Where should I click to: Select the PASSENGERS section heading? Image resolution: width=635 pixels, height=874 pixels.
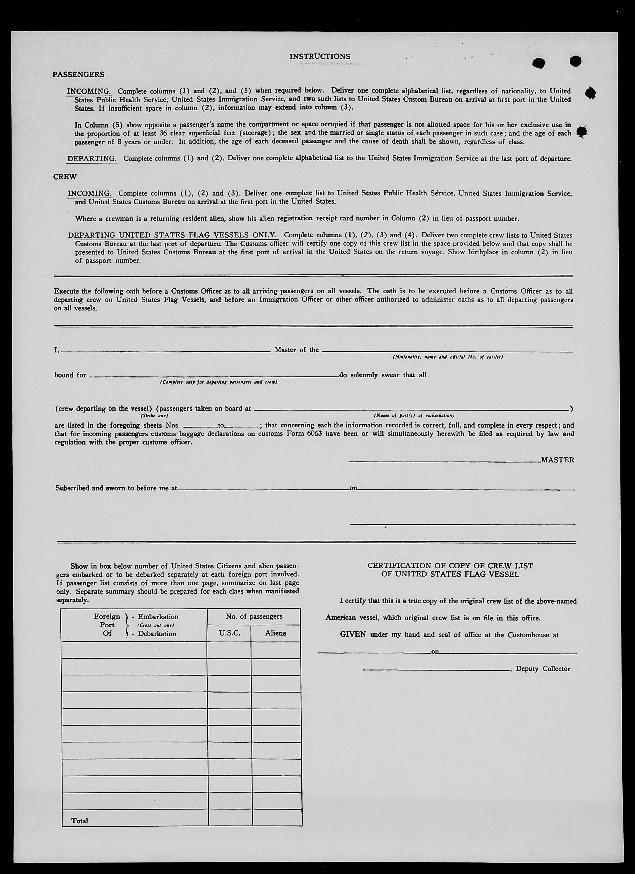[x=78, y=74]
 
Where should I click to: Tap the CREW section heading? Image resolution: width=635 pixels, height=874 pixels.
[x=65, y=177]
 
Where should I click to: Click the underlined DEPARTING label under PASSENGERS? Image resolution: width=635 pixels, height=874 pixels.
[x=92, y=158]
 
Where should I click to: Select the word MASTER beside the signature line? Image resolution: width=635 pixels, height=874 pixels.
[x=558, y=460]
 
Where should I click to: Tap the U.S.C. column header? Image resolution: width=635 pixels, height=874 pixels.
[x=229, y=633]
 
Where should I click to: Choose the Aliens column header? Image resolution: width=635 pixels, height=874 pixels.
[x=275, y=633]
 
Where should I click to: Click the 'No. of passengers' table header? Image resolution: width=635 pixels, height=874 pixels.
[x=254, y=616]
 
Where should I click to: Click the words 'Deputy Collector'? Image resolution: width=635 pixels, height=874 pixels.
[x=543, y=669]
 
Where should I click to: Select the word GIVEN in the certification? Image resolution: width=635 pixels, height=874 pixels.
[x=353, y=634]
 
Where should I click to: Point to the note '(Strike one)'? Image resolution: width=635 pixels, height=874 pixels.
[x=154, y=416]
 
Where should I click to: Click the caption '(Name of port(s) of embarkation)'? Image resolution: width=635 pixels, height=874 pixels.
[x=414, y=416]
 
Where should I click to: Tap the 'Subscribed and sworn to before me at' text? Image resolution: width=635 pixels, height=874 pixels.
[x=116, y=488]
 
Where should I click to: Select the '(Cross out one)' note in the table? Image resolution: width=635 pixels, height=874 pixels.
[x=156, y=625]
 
